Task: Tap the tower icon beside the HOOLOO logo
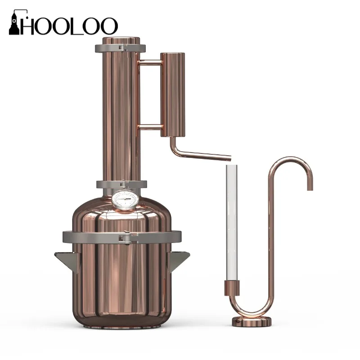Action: click(x=14, y=23)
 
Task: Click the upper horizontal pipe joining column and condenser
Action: click(x=148, y=62)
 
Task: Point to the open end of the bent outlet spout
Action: click(x=229, y=158)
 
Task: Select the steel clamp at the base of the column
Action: click(x=121, y=185)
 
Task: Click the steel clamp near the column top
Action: click(x=121, y=48)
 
